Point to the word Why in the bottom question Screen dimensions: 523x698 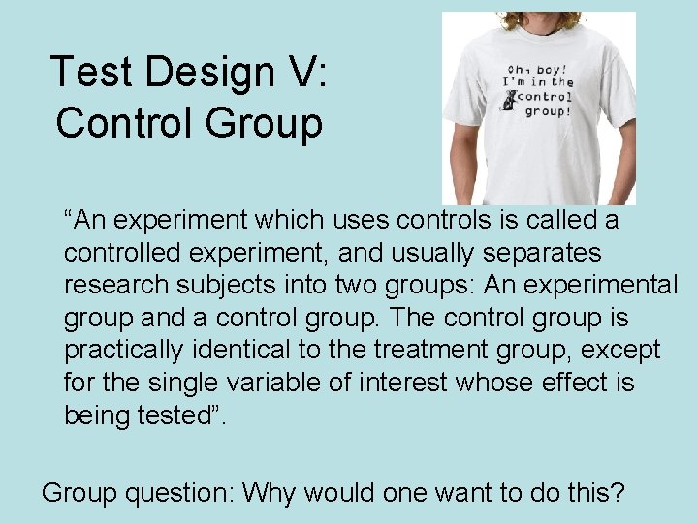[x=272, y=493]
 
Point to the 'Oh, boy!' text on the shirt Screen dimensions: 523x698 [x=532, y=67]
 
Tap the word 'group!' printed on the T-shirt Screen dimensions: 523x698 [x=548, y=111]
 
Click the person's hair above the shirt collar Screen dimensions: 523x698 [x=538, y=18]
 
